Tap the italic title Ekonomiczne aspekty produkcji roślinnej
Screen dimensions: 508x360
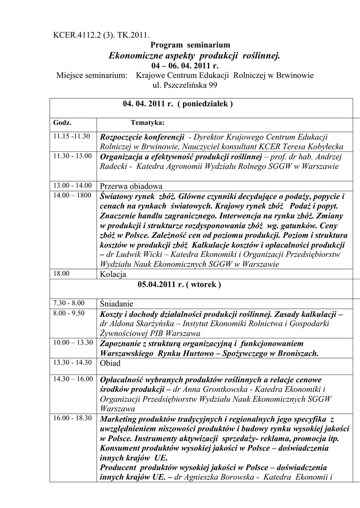pyautogui.click(x=194, y=56)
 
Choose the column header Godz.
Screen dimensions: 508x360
pyautogui.click(x=62, y=122)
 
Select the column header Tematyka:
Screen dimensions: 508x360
pyautogui.click(x=147, y=122)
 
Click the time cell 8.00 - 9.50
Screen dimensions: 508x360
pyautogui.click(x=69, y=313)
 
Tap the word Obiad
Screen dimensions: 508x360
pyautogui.click(x=110, y=363)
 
